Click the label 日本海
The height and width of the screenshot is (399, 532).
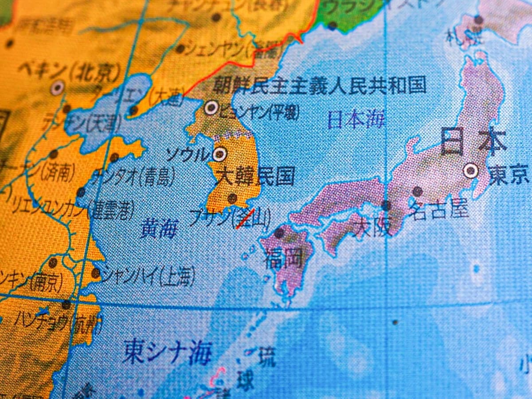(356, 120)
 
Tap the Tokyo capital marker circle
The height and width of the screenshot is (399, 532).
(470, 170)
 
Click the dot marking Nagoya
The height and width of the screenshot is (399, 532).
(417, 192)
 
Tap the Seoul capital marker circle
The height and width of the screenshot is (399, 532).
(219, 154)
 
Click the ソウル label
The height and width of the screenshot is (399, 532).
(187, 155)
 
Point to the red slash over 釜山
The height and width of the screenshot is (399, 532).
(245, 219)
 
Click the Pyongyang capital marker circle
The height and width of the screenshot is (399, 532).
(211, 107)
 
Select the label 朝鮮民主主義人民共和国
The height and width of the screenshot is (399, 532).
(319, 85)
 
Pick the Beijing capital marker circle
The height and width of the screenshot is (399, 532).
(57, 88)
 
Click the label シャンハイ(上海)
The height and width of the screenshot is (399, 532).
(148, 276)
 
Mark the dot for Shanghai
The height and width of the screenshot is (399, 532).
(95, 273)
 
